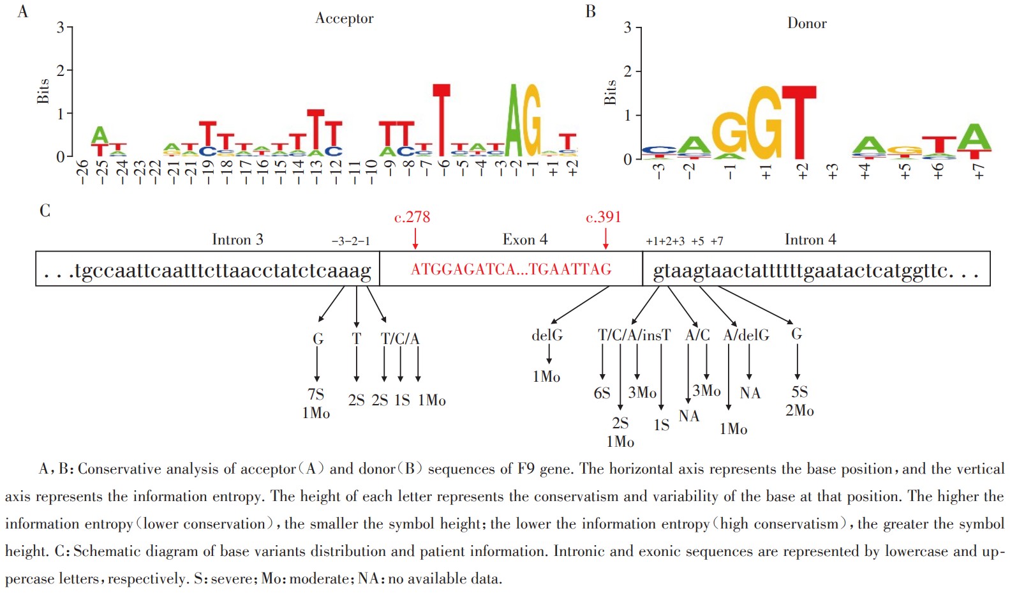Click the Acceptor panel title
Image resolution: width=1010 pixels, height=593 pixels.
(x=344, y=19)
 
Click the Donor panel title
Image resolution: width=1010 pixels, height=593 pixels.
(x=806, y=24)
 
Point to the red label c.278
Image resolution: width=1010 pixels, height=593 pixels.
(x=412, y=218)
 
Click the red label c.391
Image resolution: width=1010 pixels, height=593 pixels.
(x=603, y=218)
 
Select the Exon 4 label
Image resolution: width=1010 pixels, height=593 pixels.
(x=524, y=240)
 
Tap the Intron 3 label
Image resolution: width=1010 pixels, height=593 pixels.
(x=237, y=240)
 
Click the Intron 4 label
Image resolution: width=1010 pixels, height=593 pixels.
(x=810, y=240)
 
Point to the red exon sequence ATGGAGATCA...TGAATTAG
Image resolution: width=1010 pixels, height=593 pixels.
(x=511, y=269)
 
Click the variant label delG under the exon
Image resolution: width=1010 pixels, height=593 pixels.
(x=547, y=336)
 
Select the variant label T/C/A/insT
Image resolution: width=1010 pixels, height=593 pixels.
(x=634, y=336)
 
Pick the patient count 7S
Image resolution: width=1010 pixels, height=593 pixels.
(x=316, y=394)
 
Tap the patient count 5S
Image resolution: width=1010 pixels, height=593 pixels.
(x=799, y=392)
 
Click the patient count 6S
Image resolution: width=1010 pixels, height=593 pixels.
(x=602, y=393)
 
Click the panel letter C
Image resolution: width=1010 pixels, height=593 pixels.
(x=45, y=211)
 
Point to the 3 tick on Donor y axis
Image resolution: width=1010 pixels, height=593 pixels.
(x=628, y=28)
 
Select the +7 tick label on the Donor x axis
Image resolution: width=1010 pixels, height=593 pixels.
(x=979, y=171)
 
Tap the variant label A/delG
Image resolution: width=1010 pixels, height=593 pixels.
(x=746, y=336)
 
